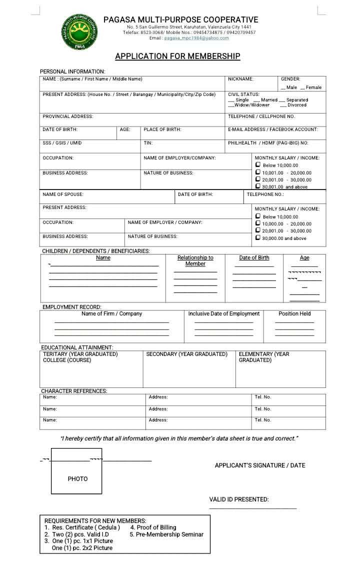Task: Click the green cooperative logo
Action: (80, 32)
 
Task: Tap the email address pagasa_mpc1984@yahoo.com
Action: (196, 38)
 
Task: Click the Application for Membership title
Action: (177, 56)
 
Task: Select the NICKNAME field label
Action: (240, 79)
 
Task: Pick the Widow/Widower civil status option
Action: (249, 105)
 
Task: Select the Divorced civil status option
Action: (293, 105)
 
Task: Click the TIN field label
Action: (148, 143)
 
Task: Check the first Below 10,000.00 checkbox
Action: (258, 164)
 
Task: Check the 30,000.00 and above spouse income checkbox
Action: (258, 238)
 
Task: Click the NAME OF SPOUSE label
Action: (63, 194)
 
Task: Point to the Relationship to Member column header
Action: (195, 260)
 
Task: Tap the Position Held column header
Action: (294, 314)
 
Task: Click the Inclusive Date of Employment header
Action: (223, 314)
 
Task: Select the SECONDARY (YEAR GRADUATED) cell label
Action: (186, 354)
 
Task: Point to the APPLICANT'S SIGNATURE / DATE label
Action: (259, 465)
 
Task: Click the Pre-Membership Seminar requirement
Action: (166, 534)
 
